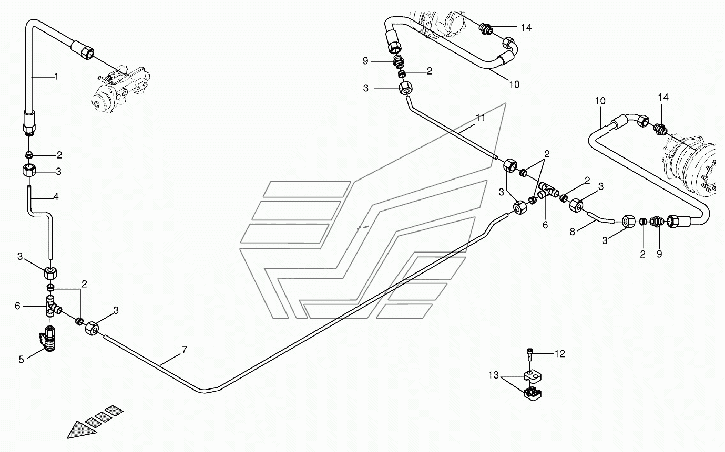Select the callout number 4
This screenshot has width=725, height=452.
click(x=56, y=197)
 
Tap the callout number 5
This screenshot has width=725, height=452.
click(x=22, y=360)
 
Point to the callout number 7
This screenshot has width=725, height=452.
click(x=184, y=349)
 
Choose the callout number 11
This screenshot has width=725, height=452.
click(x=481, y=119)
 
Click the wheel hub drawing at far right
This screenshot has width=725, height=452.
click(x=691, y=165)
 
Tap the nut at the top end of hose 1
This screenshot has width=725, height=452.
click(x=86, y=52)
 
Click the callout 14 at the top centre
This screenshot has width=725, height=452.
click(x=526, y=28)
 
